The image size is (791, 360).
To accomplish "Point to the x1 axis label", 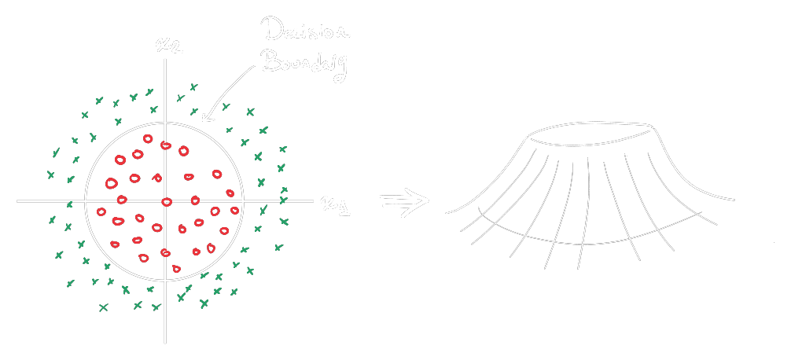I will (x=335, y=205).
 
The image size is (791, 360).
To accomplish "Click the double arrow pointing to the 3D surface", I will (x=404, y=201).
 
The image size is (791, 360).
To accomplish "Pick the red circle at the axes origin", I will (x=166, y=202).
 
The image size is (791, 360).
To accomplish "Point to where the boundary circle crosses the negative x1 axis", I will (x=85, y=201).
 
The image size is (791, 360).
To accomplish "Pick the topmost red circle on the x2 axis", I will (x=165, y=145).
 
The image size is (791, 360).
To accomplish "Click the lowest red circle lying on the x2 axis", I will (x=165, y=253).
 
